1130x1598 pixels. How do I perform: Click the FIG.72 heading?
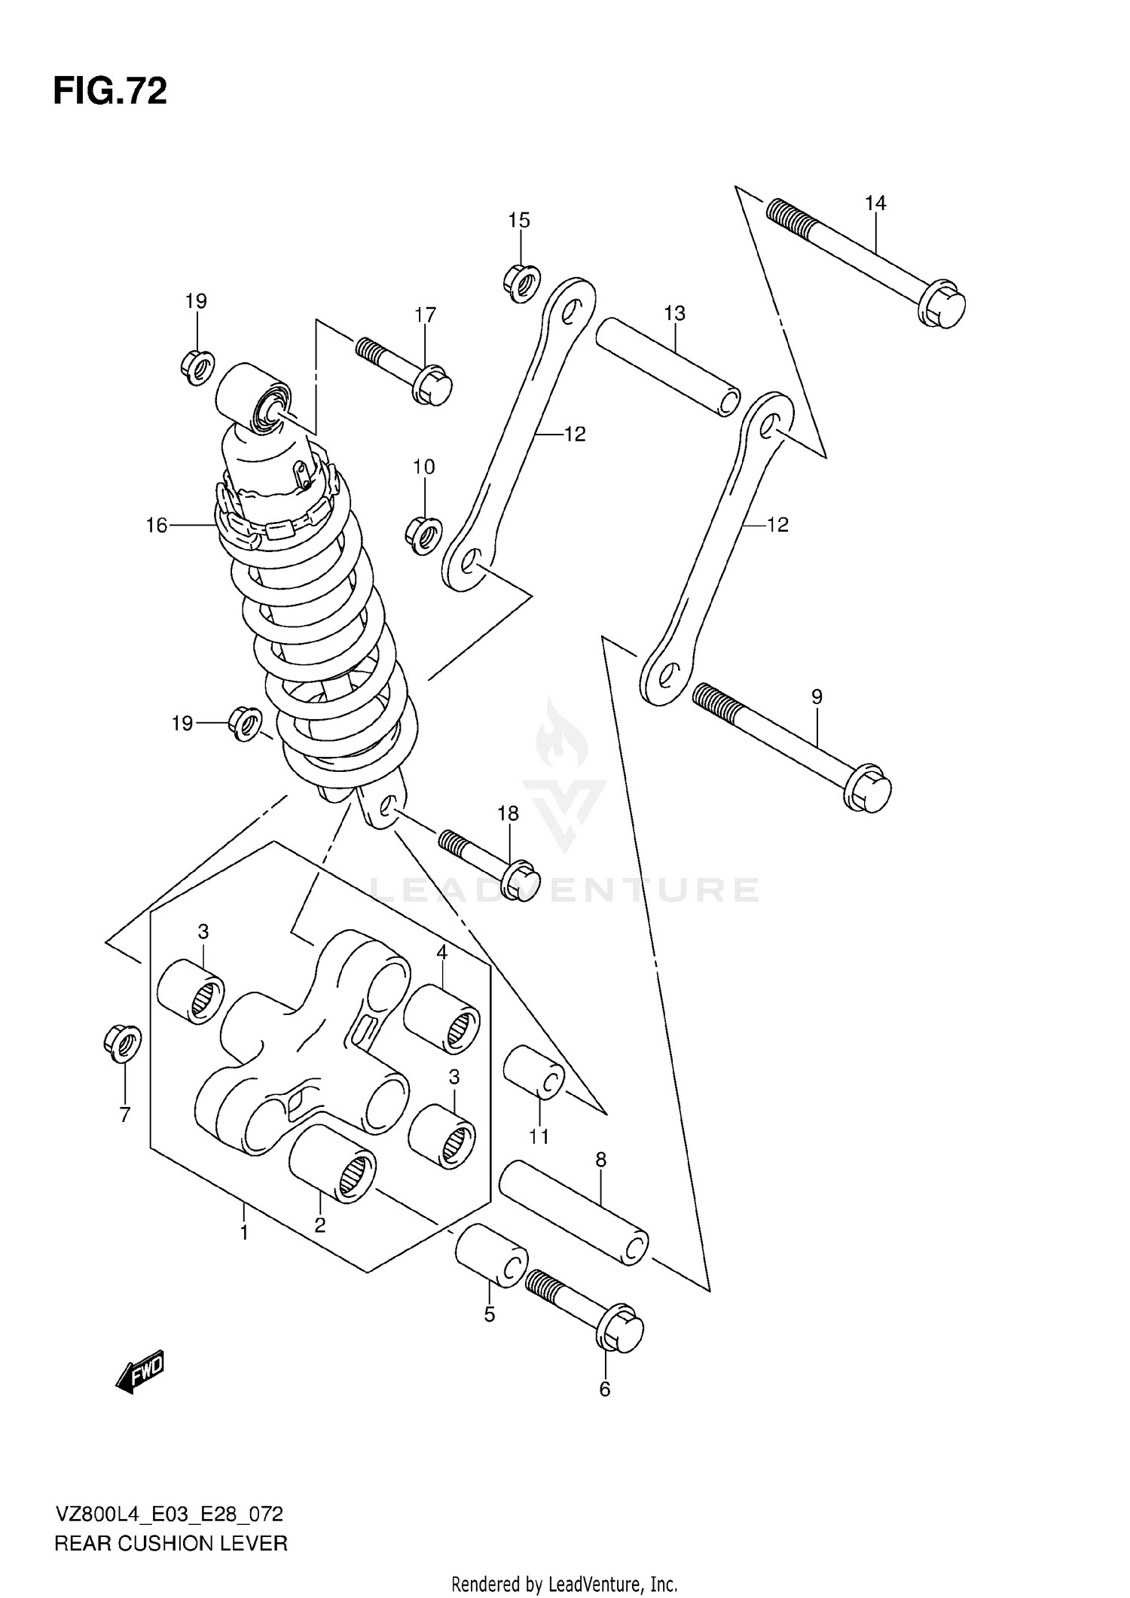tap(110, 92)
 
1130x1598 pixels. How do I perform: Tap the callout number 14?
tap(875, 203)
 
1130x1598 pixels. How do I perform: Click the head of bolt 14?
tap(943, 305)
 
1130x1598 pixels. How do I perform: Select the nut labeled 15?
tap(520, 284)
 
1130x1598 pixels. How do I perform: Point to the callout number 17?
tap(426, 315)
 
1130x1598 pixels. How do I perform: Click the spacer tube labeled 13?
tap(667, 367)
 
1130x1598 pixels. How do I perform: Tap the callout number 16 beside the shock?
tap(156, 525)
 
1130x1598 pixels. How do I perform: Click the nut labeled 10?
tap(423, 535)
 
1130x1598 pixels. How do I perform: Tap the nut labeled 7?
tap(122, 1043)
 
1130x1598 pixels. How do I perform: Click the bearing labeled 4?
tap(442, 1018)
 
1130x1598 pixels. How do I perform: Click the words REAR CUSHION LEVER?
tap(171, 1544)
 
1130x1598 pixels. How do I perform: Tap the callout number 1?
tap(244, 1233)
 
